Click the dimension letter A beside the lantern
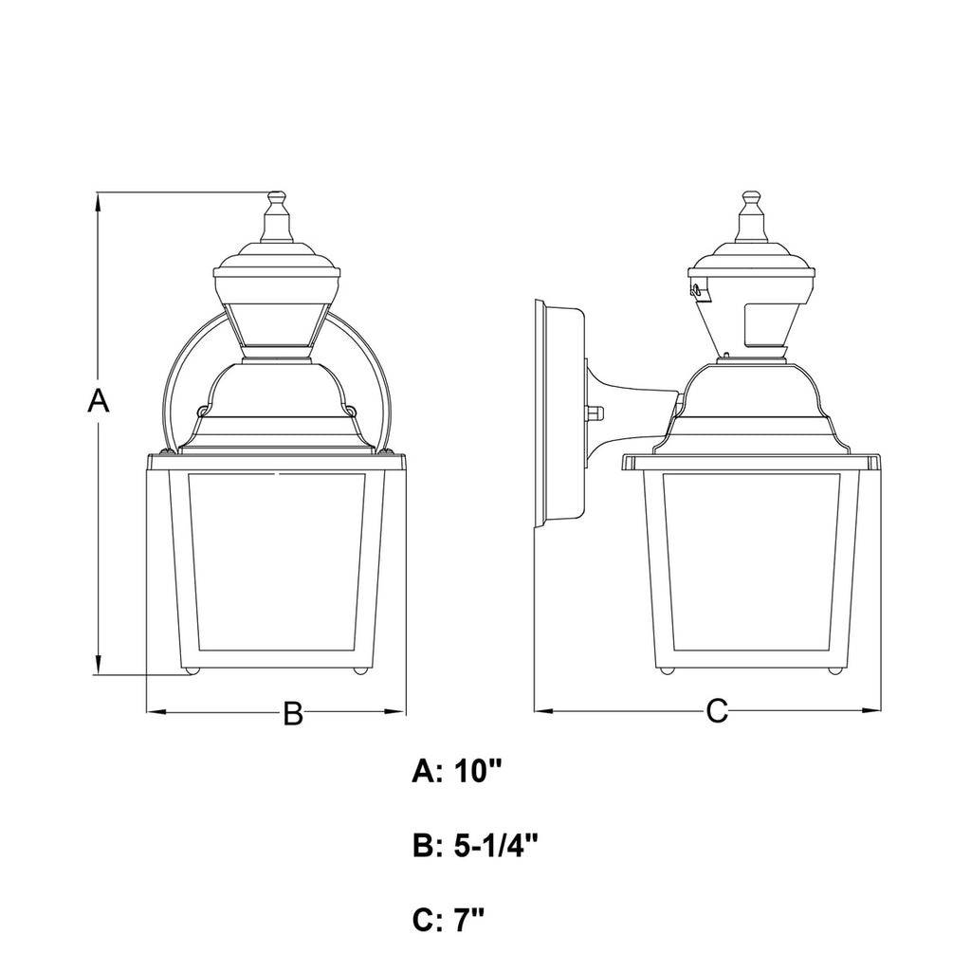[x=98, y=400]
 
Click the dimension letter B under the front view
[x=293, y=713]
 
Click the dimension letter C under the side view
[x=717, y=711]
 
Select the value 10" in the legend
[x=477, y=772]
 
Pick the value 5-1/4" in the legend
[x=495, y=846]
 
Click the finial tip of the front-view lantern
[x=276, y=192]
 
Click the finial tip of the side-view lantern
[x=752, y=192]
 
